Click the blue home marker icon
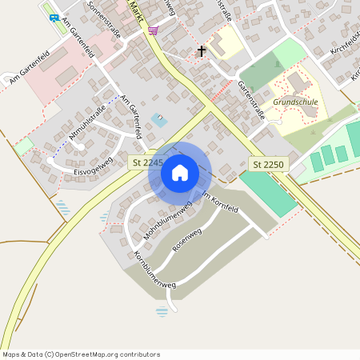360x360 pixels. [x=180, y=173]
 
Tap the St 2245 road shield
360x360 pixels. [x=146, y=162]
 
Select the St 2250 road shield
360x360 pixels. [x=267, y=164]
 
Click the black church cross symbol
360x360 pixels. [x=202, y=52]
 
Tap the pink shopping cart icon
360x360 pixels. [x=153, y=30]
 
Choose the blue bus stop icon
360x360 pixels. [x=54, y=17]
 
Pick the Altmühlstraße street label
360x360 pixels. [x=87, y=129]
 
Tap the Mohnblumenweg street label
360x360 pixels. [x=168, y=221]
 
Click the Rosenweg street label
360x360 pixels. [x=186, y=247]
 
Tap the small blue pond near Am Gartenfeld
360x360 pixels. [x=159, y=120]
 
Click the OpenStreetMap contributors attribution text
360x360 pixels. [x=81, y=354]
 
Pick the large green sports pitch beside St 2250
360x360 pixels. [x=269, y=193]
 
